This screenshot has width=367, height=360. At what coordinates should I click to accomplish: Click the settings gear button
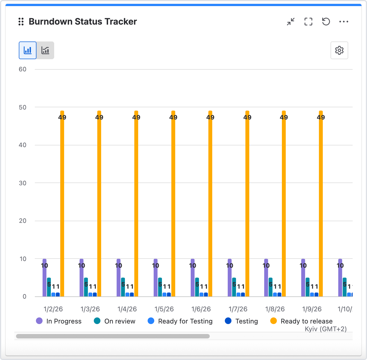tap(339, 50)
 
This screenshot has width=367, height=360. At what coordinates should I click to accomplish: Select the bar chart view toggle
tap(28, 50)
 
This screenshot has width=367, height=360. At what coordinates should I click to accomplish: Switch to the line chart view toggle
tap(45, 50)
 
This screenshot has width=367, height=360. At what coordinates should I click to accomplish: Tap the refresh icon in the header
tap(326, 22)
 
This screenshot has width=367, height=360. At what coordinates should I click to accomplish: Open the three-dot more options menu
tap(344, 22)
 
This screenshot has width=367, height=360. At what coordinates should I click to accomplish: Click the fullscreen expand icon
tap(308, 22)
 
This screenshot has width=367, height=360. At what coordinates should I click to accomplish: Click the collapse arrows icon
tap(291, 22)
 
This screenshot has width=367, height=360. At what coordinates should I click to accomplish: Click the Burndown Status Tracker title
tap(83, 22)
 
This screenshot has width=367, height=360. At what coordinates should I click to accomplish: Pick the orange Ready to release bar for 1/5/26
tap(173, 205)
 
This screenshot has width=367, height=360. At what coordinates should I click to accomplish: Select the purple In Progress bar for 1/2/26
tap(44, 279)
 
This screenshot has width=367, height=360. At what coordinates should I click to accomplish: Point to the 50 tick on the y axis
tap(23, 107)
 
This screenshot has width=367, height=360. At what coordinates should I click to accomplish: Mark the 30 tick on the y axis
tap(23, 183)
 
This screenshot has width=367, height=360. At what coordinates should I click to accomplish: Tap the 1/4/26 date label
tap(127, 309)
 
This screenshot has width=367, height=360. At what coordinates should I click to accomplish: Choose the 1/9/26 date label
tap(312, 309)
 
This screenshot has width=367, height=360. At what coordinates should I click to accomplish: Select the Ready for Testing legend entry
tap(180, 321)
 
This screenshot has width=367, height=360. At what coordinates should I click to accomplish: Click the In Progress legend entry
tap(59, 321)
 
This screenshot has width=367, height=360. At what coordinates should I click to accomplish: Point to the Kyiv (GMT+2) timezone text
tap(326, 329)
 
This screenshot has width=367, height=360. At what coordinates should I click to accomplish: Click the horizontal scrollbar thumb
tap(113, 336)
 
